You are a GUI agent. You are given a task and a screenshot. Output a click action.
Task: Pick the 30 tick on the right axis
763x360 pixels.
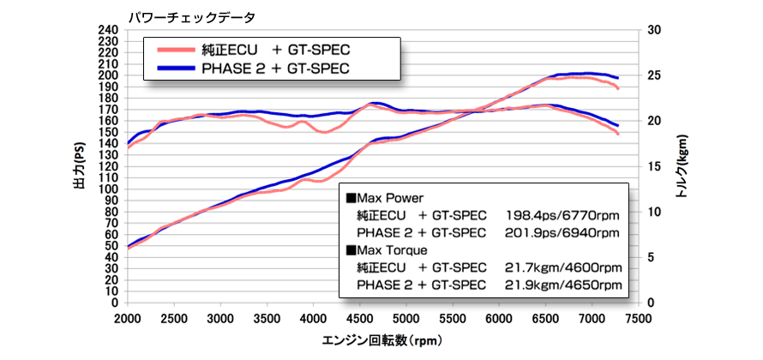click(655, 29)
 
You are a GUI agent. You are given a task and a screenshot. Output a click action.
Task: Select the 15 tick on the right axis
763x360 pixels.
click(655, 166)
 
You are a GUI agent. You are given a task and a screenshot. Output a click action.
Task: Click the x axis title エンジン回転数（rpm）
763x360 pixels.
click(381, 340)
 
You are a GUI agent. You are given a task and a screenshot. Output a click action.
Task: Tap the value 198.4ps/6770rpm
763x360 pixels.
click(562, 215)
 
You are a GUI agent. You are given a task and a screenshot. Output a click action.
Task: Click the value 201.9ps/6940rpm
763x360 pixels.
click(562, 232)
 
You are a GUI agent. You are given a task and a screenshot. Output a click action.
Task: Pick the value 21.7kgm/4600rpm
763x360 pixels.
click(562, 267)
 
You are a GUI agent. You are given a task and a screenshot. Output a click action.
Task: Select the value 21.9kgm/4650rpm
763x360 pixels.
click(562, 284)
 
